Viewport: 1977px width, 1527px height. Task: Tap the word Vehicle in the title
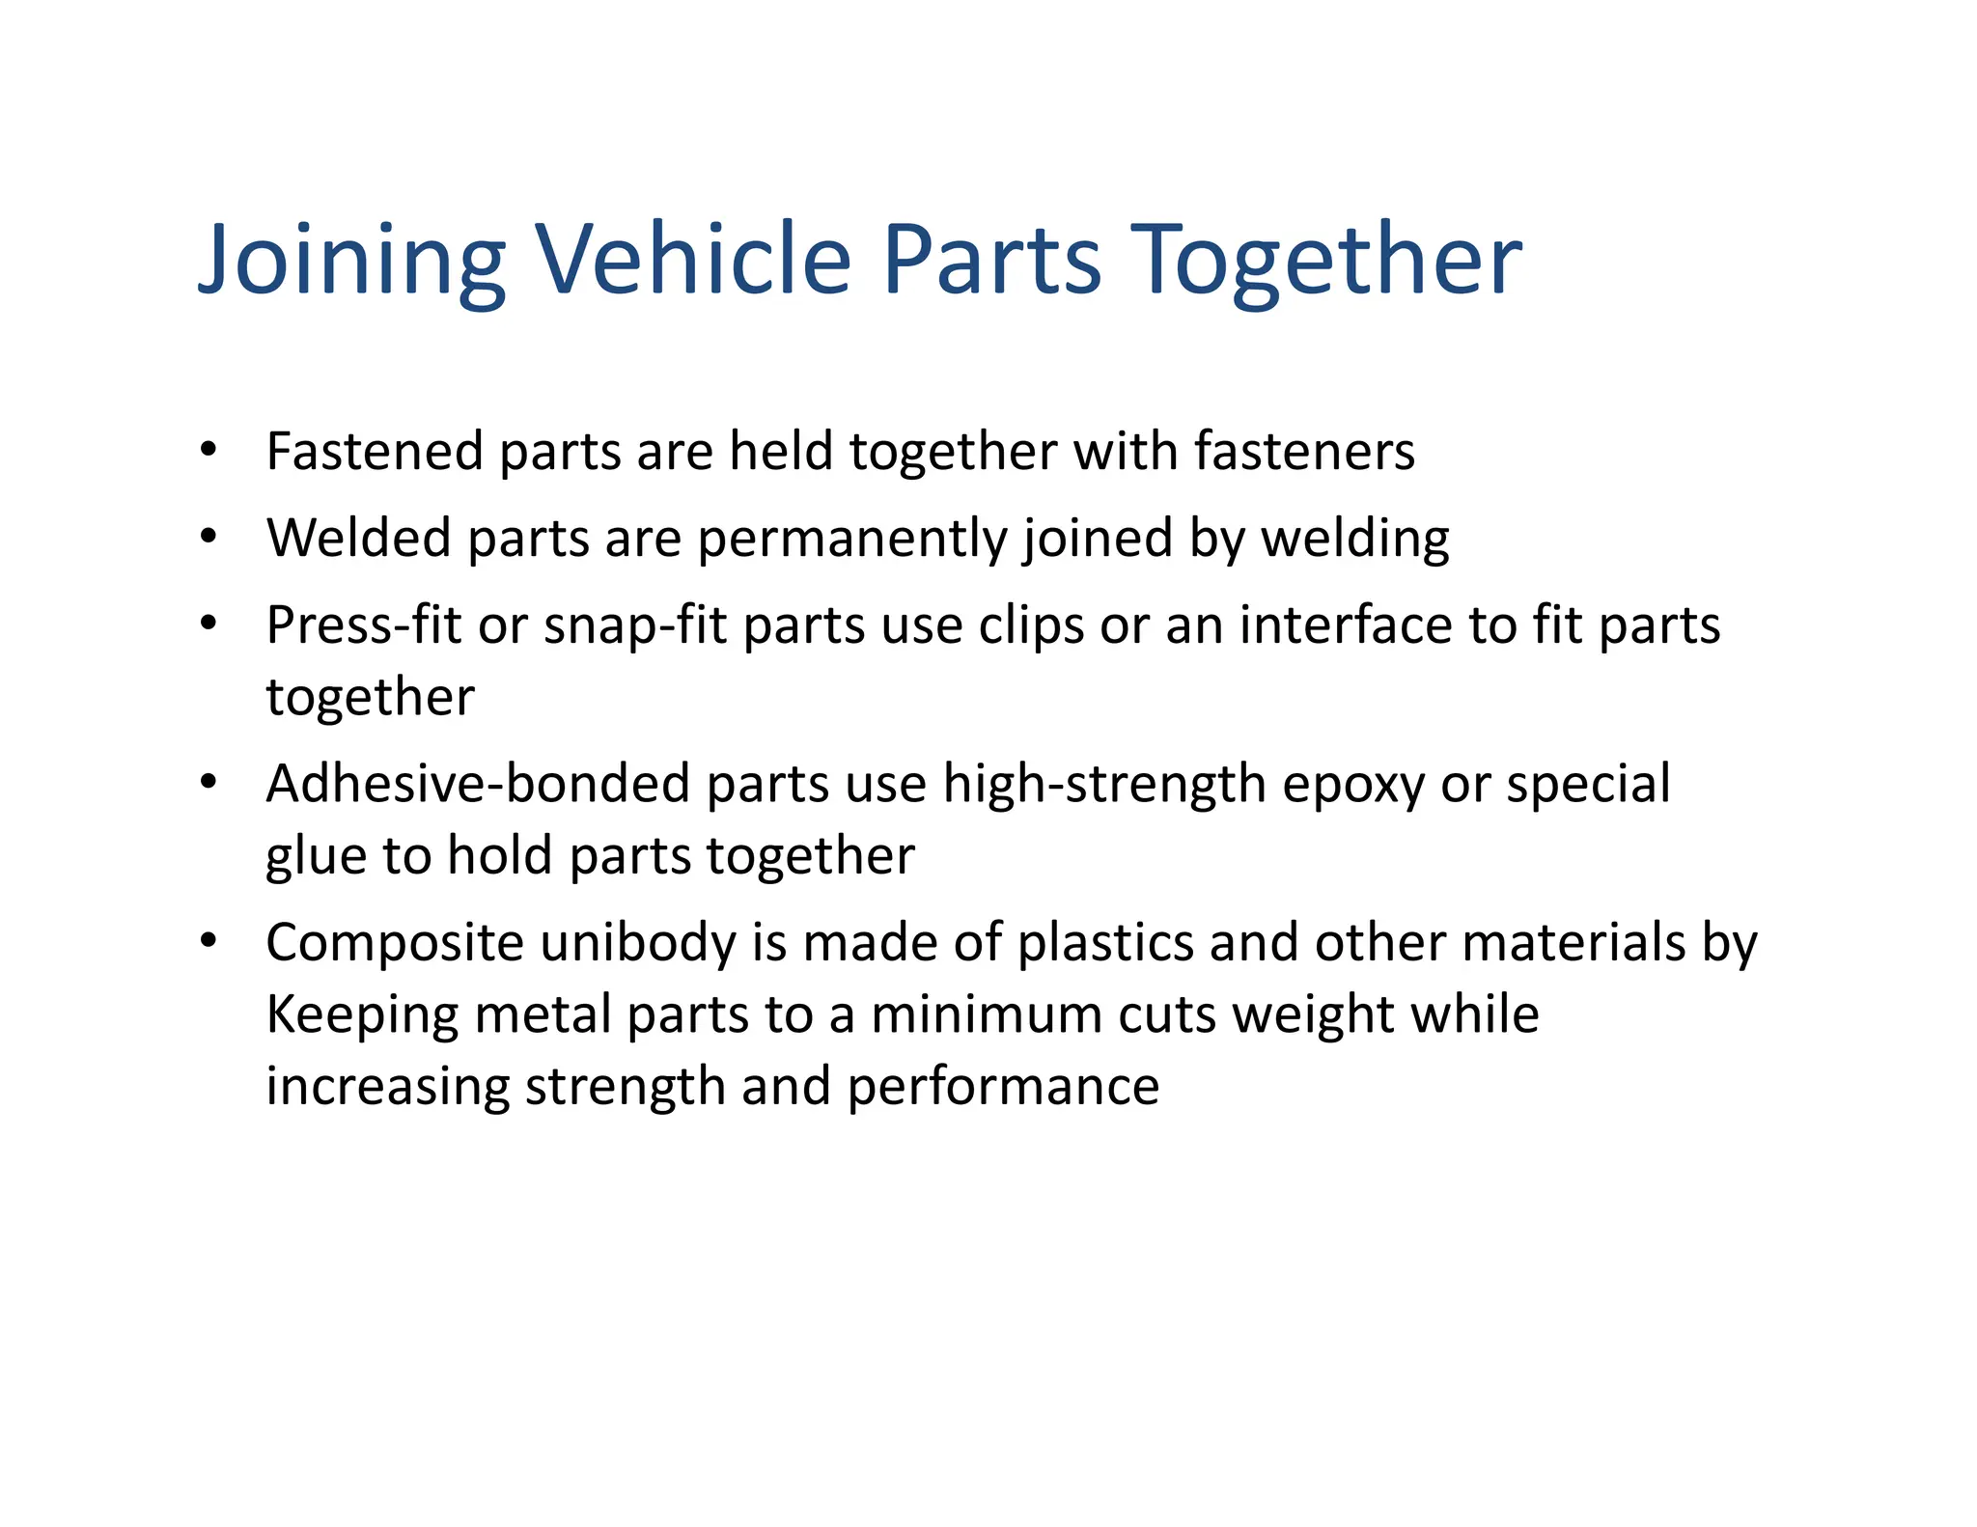(x=694, y=259)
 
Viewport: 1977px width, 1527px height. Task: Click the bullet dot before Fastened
(x=209, y=450)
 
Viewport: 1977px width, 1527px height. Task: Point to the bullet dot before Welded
(x=209, y=537)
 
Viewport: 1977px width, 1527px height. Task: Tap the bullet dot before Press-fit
(x=209, y=624)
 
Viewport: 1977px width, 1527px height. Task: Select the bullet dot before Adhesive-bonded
(x=209, y=782)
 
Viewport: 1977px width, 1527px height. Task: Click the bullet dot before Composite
(x=209, y=940)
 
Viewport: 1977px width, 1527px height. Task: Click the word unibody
(x=638, y=944)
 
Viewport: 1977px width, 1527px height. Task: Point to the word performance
(x=1003, y=1088)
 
